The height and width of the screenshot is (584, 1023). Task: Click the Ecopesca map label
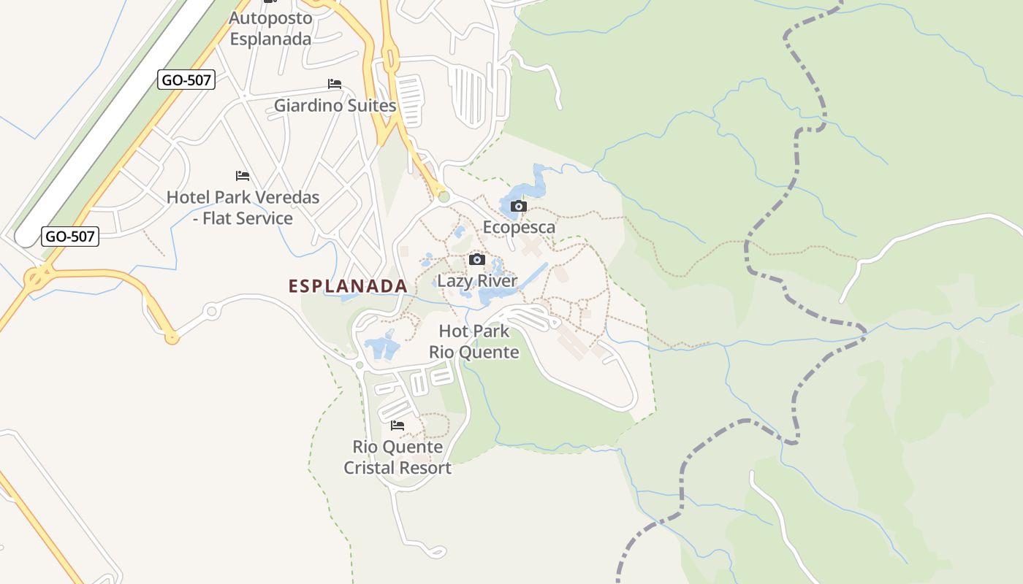tap(519, 227)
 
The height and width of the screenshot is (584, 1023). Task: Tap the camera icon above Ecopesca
tap(519, 206)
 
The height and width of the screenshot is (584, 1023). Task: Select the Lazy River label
tap(476, 281)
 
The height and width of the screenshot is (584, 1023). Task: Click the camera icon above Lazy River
tap(477, 259)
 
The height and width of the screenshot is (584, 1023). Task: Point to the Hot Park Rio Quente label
tap(474, 342)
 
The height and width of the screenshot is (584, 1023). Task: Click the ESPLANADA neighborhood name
tap(348, 286)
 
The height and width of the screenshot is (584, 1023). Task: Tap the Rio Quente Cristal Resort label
tap(398, 457)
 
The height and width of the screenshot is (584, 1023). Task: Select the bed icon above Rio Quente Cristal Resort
tap(398, 425)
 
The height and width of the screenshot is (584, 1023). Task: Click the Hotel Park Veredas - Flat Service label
tap(243, 207)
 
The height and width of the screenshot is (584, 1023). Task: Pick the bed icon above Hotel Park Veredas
tap(243, 176)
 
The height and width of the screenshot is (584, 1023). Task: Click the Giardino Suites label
tap(335, 106)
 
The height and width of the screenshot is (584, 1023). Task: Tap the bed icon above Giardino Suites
tap(335, 84)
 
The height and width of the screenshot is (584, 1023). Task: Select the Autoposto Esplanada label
tap(271, 28)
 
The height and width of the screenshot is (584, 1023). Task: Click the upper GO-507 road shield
tap(186, 80)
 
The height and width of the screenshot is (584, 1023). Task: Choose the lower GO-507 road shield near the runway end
tap(69, 236)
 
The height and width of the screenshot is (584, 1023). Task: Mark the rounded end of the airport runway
tap(26, 236)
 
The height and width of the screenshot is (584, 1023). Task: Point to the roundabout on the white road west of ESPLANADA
tap(212, 312)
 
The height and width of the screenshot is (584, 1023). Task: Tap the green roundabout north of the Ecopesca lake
tap(444, 196)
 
